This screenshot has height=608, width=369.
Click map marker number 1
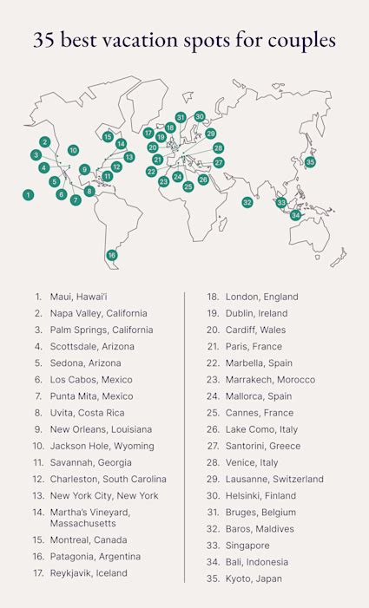click(x=29, y=195)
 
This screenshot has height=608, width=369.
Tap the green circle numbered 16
click(x=112, y=255)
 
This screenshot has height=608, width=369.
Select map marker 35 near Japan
click(x=310, y=162)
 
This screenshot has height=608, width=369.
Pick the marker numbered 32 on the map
click(x=247, y=202)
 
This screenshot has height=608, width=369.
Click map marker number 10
click(x=73, y=150)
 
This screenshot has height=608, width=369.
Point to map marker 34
click(x=296, y=215)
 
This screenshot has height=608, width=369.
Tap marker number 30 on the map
click(x=200, y=116)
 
